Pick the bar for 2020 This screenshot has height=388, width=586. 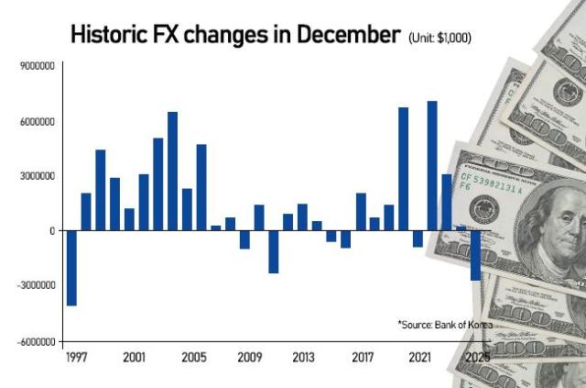coord(403,169)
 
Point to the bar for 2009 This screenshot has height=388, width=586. coord(244,239)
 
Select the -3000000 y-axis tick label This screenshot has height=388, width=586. coord(37,286)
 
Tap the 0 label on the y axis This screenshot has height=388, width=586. coord(53,231)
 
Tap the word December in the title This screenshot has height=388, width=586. coord(353,35)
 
